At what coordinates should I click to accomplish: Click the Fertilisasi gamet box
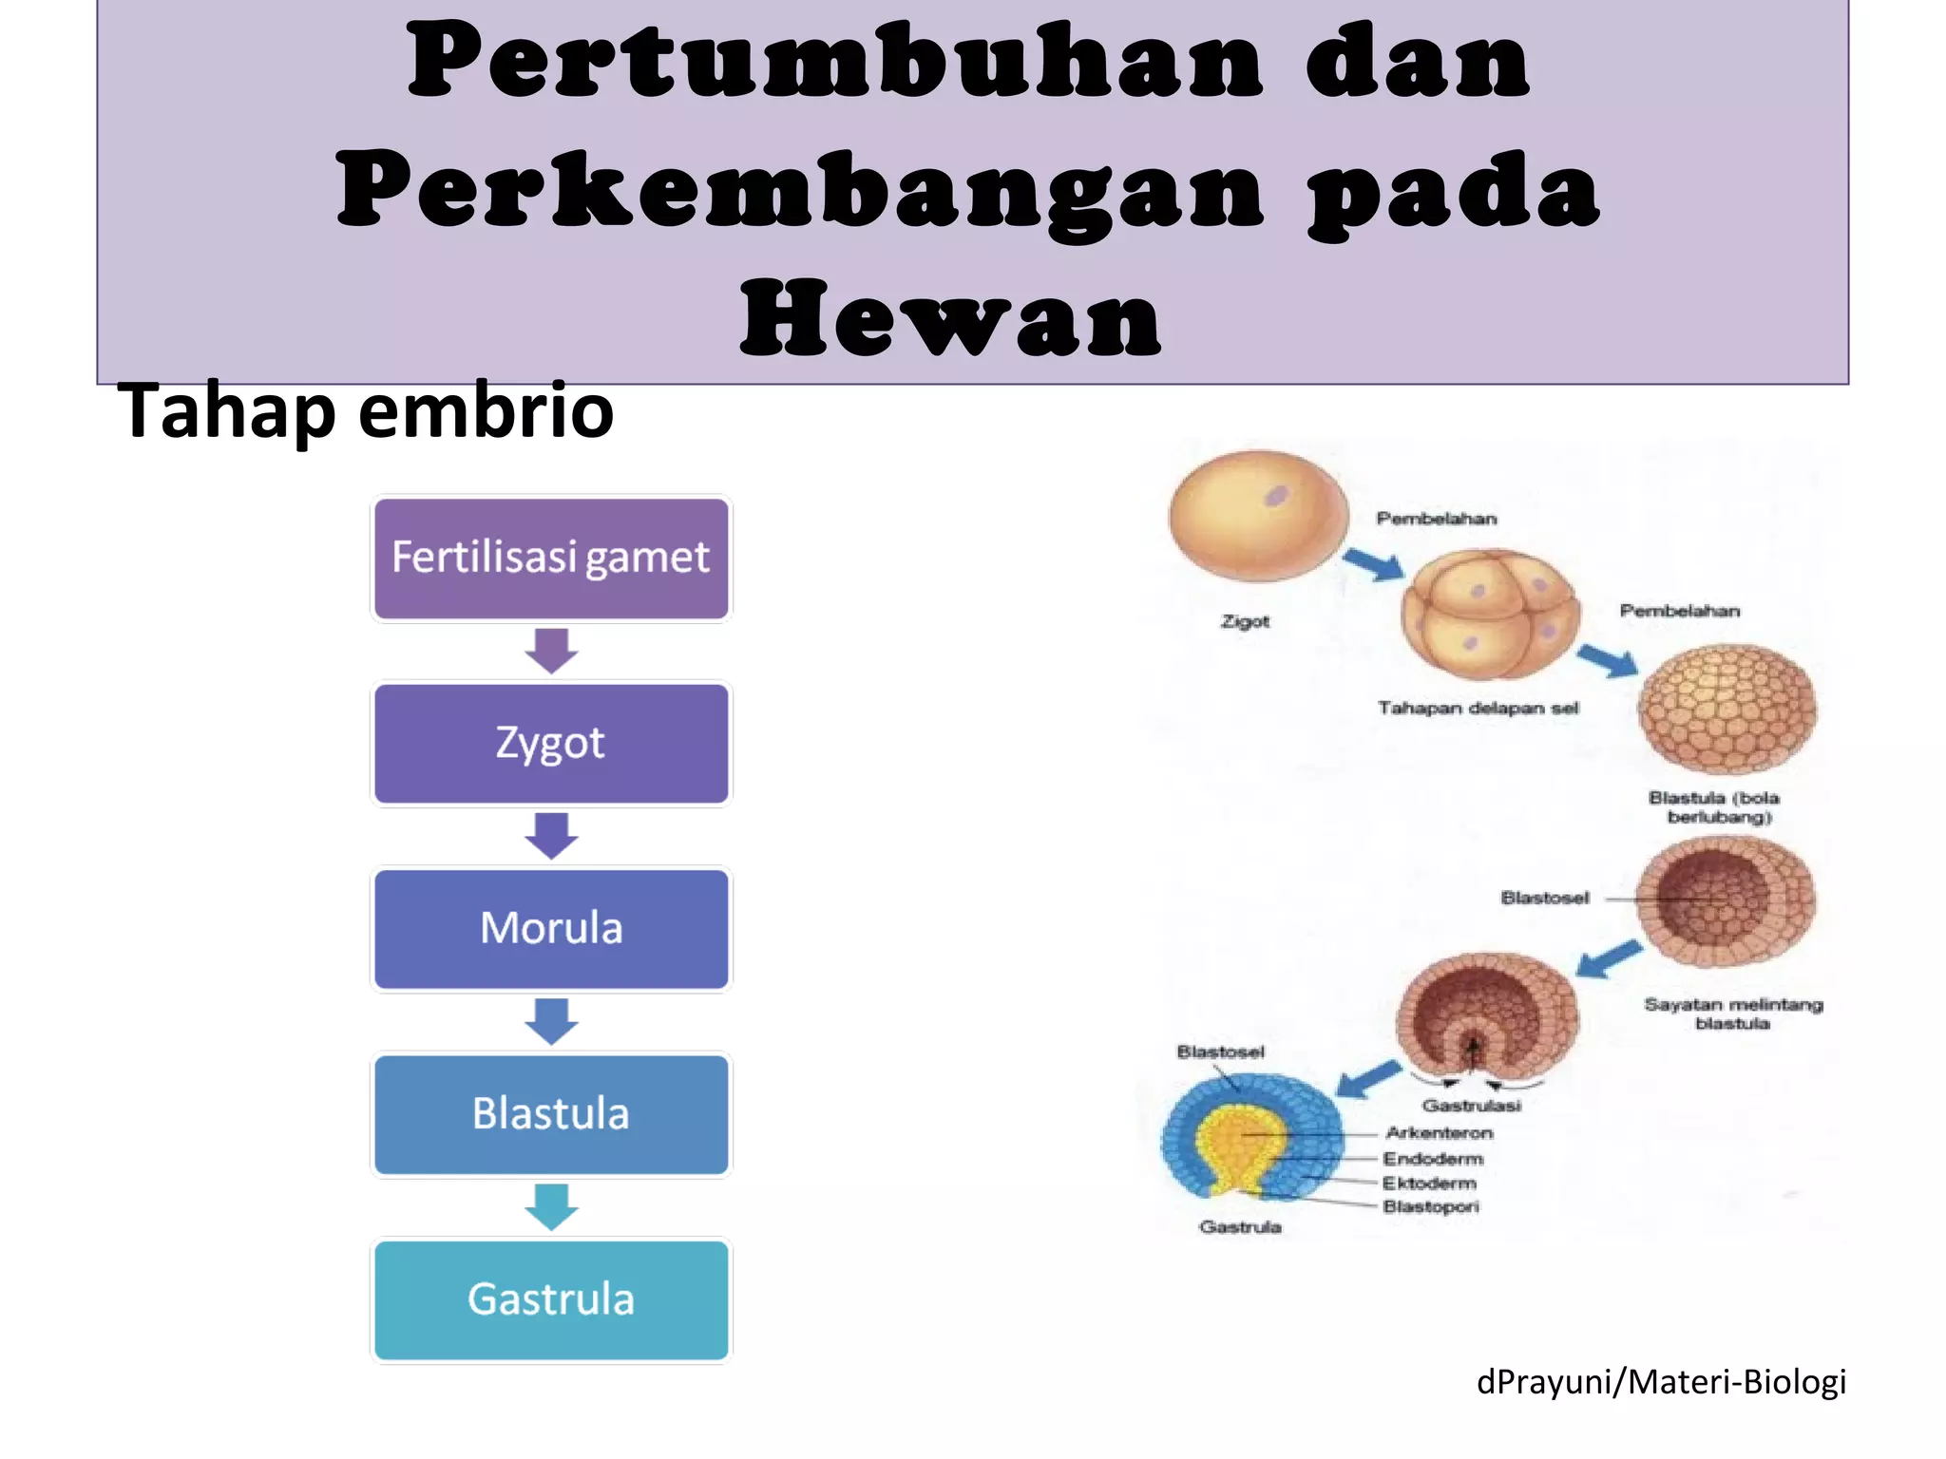point(551,559)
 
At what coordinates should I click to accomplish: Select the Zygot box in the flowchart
point(551,744)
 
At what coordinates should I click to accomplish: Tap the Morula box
point(551,929)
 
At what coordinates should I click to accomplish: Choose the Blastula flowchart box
point(551,1114)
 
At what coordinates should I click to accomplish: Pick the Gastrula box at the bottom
point(551,1299)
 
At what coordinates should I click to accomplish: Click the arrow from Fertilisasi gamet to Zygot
point(551,651)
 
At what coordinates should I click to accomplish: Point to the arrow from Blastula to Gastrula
point(551,1206)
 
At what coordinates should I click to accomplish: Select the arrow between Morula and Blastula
point(551,1021)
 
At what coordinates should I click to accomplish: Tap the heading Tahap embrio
point(366,410)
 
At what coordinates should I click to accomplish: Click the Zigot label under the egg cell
point(1245,621)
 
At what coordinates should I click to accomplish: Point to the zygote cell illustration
point(1258,515)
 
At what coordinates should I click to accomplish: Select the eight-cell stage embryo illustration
point(1490,615)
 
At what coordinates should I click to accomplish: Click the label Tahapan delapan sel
point(1478,708)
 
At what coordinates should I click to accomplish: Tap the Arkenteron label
point(1439,1133)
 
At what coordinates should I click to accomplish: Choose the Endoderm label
point(1433,1159)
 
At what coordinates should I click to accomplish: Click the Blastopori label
point(1431,1206)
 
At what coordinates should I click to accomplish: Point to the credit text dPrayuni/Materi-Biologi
point(1661,1381)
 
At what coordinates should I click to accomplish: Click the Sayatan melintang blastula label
point(1733,1014)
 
